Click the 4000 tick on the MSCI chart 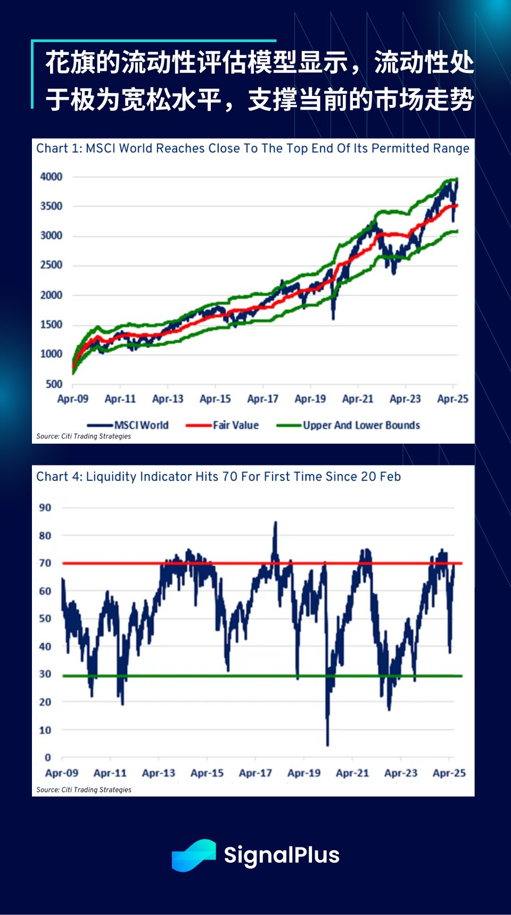[x=51, y=176]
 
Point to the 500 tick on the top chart [x=54, y=384]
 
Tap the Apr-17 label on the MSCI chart [x=262, y=399]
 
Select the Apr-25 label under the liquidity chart [x=449, y=773]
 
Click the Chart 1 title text [x=252, y=148]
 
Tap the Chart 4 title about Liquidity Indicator [x=218, y=476]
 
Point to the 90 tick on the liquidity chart [x=45, y=508]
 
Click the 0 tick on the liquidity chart [x=48, y=757]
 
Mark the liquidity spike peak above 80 [x=275, y=524]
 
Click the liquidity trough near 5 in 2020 [x=327, y=744]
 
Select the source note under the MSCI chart [x=84, y=436]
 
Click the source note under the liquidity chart [x=84, y=790]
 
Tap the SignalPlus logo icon [x=194, y=855]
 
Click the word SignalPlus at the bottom [x=282, y=855]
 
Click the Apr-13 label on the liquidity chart [x=159, y=773]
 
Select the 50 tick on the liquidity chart [x=45, y=618]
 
